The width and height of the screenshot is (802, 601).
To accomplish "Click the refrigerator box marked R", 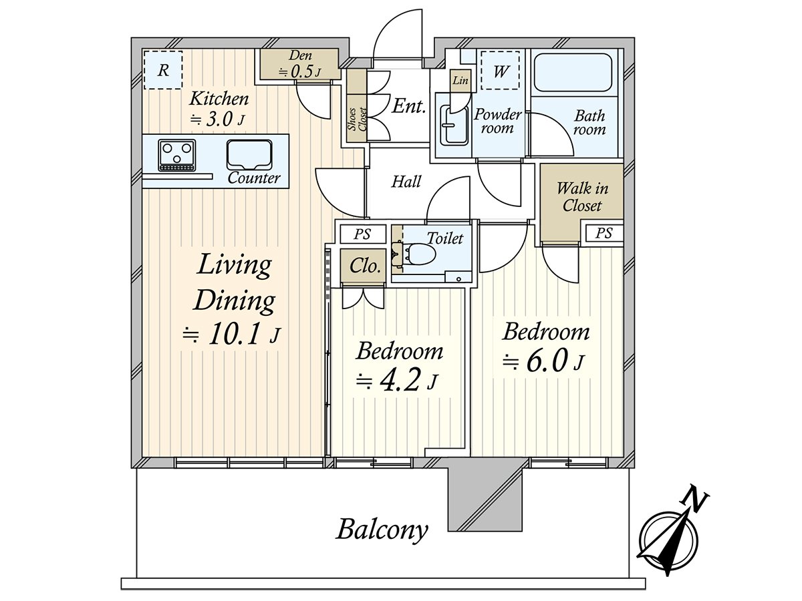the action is pos(163,69).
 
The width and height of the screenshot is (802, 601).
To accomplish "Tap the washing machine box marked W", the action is pos(500,70).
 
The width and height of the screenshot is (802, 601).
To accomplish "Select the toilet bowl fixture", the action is pos(420,254).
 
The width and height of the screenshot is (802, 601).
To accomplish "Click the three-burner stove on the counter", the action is pos(177,155).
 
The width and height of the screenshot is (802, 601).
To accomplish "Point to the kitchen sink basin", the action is pos(249,155).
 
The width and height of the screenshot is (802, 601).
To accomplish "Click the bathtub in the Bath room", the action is pos(573,73).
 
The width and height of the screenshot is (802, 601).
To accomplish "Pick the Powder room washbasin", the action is pos(454,125).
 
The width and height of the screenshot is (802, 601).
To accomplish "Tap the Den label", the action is pos(300,55).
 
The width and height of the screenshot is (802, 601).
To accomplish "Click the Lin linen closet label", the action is pos(460,80).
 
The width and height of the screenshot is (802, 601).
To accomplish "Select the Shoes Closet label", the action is pos(357,120).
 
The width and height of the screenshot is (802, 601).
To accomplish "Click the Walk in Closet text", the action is pos(582,197).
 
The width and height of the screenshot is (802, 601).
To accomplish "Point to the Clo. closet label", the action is pos(365,266).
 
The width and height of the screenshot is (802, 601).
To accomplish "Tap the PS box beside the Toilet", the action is pos(363,234).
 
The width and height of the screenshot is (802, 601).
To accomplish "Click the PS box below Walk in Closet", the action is pos(604,233).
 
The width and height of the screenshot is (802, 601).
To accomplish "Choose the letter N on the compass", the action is pos(695,500).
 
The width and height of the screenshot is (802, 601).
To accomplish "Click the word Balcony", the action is pos(382,530).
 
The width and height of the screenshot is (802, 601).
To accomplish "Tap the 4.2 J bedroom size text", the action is pos(397,381).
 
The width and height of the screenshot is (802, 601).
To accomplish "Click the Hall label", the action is pos(406,182).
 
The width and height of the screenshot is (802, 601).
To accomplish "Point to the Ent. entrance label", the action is pos(409,107).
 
